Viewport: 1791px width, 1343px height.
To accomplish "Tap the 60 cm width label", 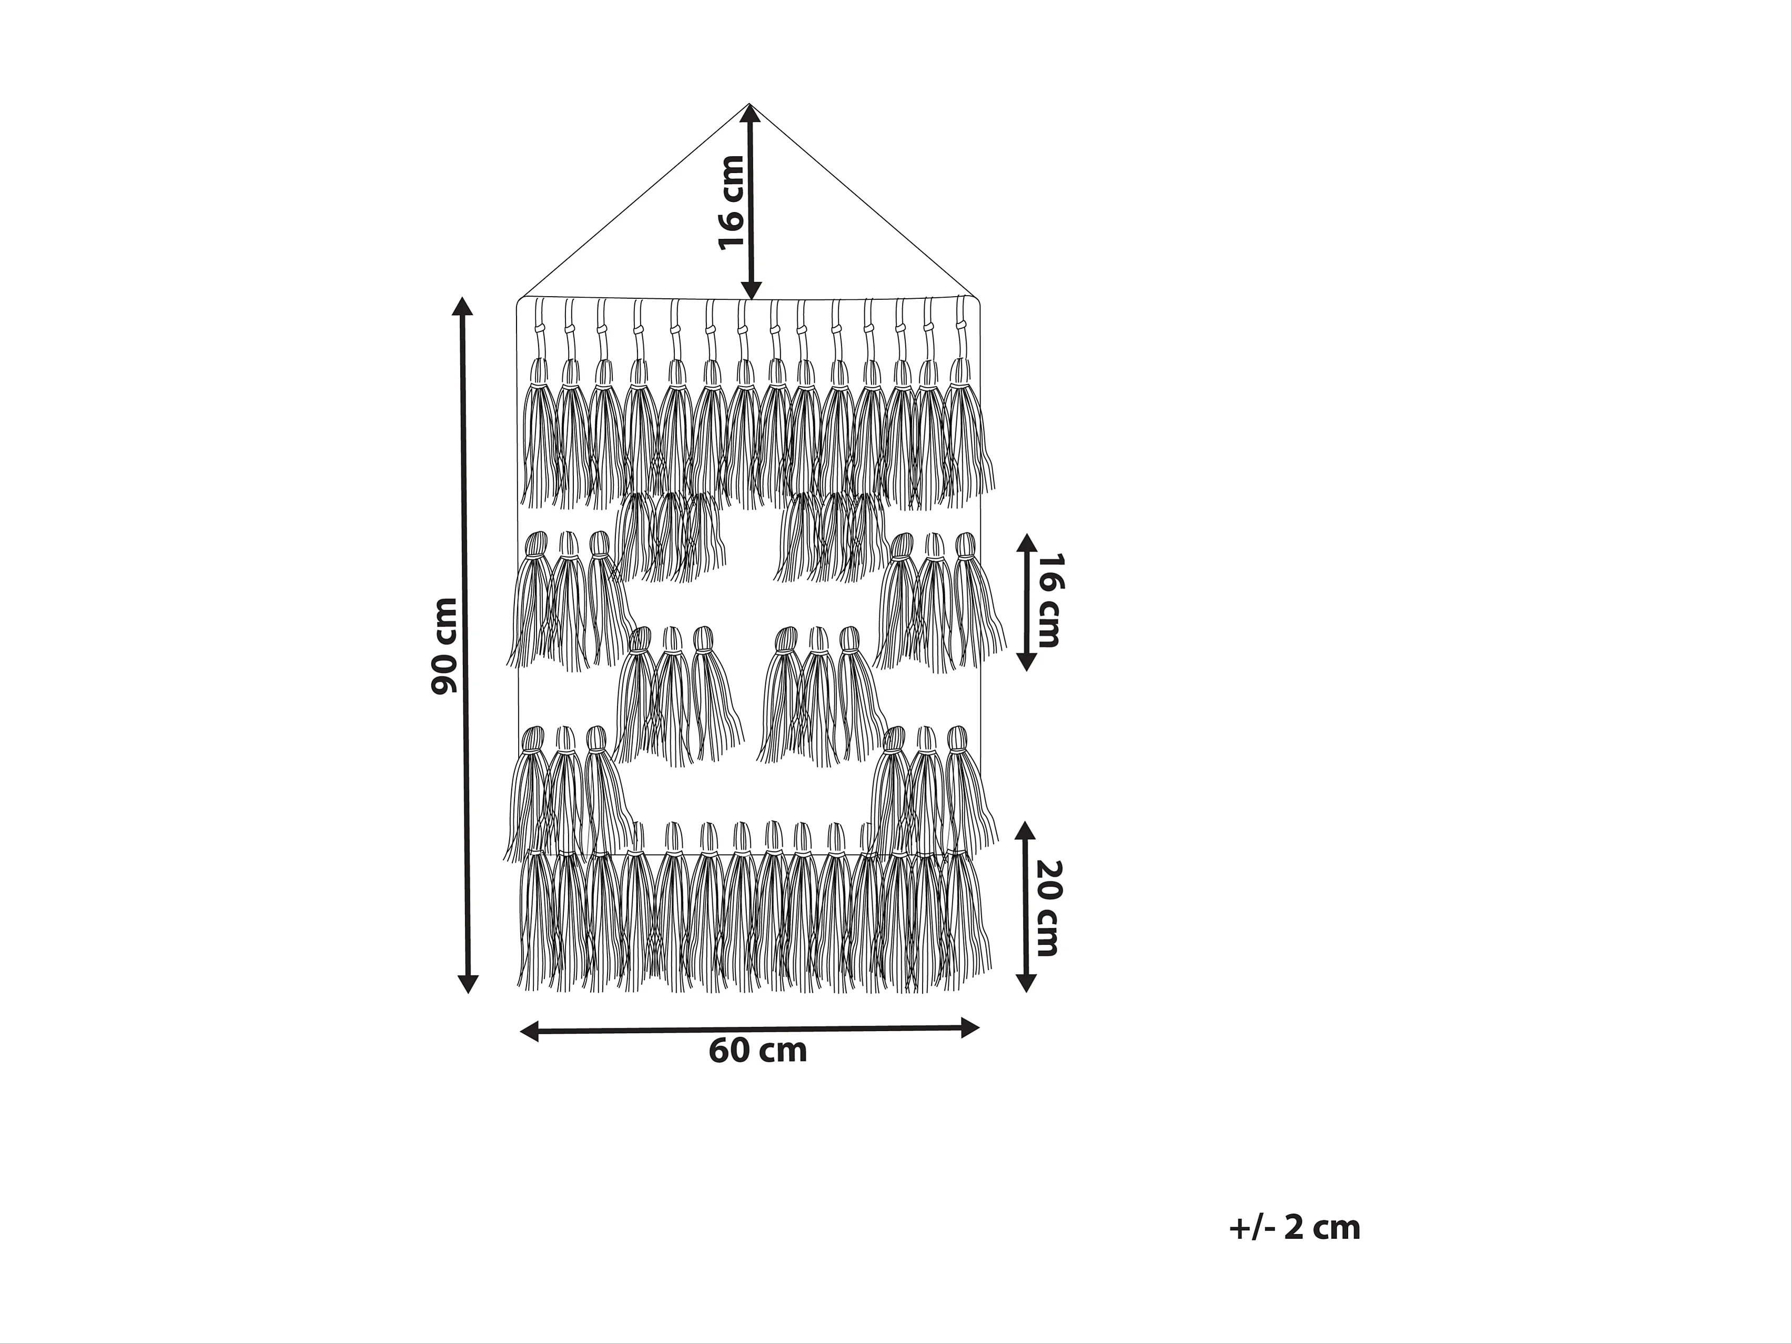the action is pyautogui.click(x=758, y=1051).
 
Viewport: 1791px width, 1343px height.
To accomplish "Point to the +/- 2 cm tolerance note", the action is pyautogui.click(x=1294, y=1227).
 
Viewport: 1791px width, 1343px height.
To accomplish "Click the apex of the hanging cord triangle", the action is pyautogui.click(x=750, y=105).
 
